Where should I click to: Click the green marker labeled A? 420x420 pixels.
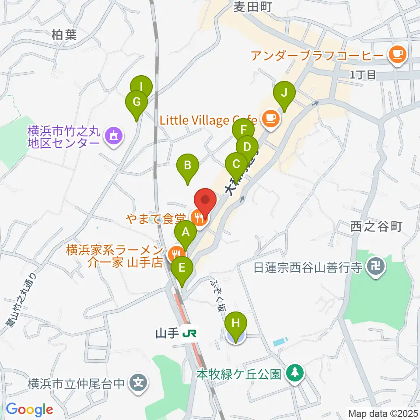[185, 233]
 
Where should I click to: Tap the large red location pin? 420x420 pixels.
[205, 200]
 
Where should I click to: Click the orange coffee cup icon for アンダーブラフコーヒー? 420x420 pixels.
[398, 54]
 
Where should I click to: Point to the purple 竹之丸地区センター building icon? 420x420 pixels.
[114, 136]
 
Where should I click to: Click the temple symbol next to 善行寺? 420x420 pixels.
[377, 266]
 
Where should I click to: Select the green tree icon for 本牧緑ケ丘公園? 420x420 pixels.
[295, 373]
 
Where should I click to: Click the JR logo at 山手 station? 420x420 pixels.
[189, 334]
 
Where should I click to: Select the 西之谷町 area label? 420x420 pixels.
[375, 226]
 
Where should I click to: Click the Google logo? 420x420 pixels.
[29, 409]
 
